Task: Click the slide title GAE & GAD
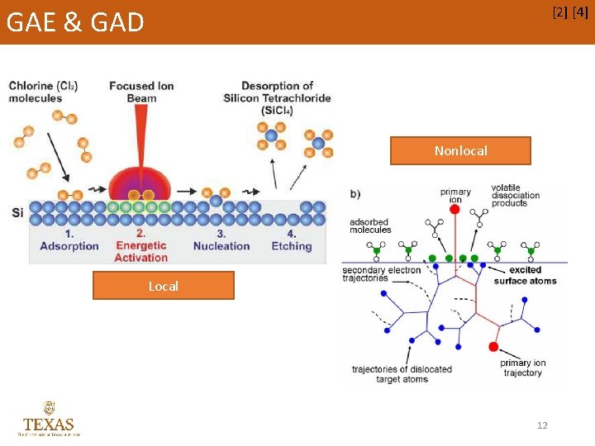[75, 21]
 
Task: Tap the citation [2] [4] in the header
[569, 13]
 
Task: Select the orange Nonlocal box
[460, 150]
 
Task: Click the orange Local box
[163, 286]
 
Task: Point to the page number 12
[542, 425]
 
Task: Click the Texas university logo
[49, 419]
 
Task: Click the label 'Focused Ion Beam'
[141, 92]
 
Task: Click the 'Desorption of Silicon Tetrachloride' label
[277, 97]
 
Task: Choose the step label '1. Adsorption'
[69, 240]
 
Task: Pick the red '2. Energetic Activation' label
[141, 246]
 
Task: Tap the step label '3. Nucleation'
[221, 240]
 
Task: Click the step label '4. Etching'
[291, 240]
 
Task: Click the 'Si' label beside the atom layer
[17, 213]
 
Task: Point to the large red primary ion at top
[454, 209]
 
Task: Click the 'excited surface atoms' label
[525, 275]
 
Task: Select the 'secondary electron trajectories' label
[381, 274]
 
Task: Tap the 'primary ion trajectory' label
[522, 368]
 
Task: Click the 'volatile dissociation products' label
[515, 195]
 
